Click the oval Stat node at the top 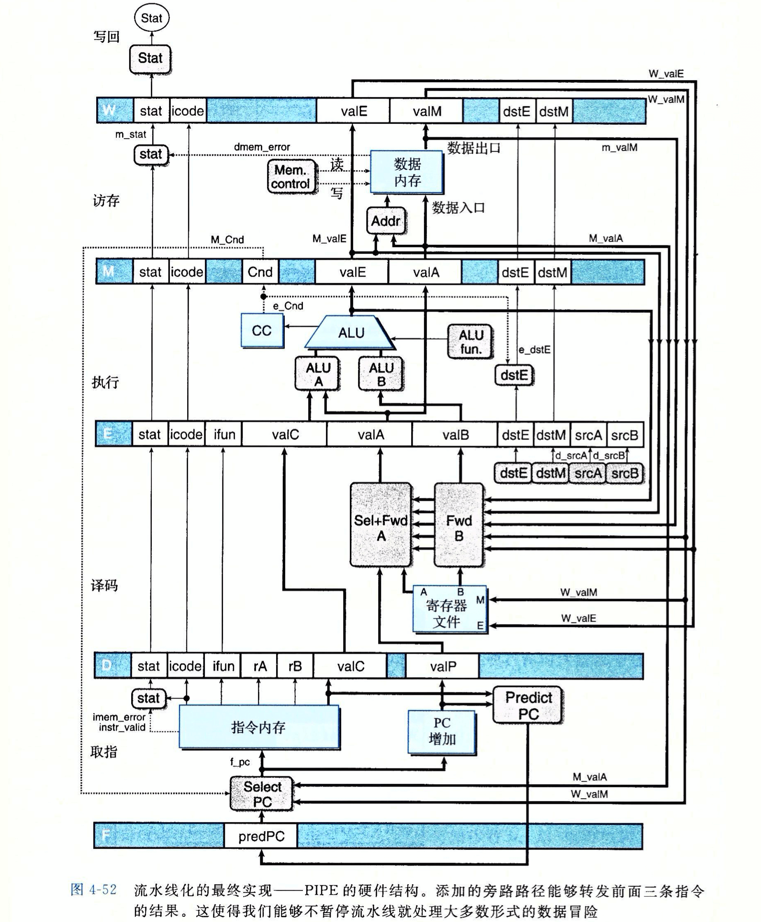[x=152, y=18]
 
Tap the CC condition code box [x=262, y=330]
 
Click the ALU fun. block [x=471, y=341]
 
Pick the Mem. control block [x=291, y=177]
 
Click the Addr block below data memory [x=386, y=221]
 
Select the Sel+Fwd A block [x=381, y=525]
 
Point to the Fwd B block [x=459, y=525]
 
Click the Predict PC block [x=528, y=705]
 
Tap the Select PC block [x=262, y=794]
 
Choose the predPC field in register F [x=261, y=836]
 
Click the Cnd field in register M [x=260, y=272]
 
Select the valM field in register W [x=426, y=111]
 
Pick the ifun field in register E [x=224, y=435]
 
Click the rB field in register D [x=295, y=666]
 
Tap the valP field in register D [x=443, y=666]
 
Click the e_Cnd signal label [x=288, y=306]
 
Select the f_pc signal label [x=240, y=762]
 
